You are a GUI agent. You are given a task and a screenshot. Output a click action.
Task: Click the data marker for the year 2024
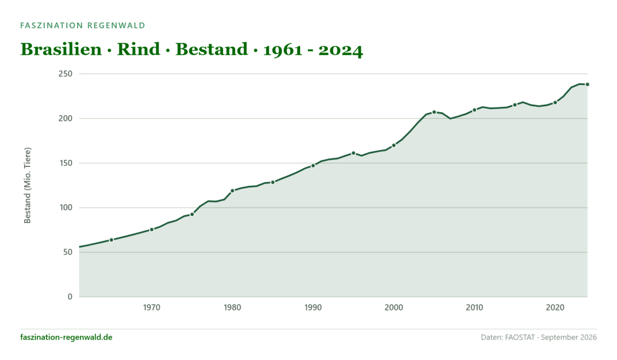pos(587,84)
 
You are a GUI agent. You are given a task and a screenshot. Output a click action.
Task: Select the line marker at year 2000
pos(393,145)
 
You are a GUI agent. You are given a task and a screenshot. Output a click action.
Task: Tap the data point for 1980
pos(232,191)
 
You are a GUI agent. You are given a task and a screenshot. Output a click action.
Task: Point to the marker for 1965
pos(111,240)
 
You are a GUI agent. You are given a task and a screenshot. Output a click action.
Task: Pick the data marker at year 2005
pos(434,112)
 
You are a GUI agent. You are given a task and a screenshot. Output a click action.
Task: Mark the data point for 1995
pos(353,153)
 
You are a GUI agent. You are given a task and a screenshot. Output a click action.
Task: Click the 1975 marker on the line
pos(192,214)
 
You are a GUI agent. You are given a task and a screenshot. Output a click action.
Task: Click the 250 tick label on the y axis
pos(66,74)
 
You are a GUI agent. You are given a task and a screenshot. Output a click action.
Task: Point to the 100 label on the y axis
pos(66,207)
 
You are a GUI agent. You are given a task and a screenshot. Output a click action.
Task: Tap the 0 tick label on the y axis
pos(70,297)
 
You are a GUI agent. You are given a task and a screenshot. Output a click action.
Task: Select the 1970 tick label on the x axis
pos(151,308)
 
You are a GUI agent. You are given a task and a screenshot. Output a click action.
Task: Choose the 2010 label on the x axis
pos(474,308)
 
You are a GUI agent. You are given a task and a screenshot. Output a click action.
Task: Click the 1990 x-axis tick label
pos(313,308)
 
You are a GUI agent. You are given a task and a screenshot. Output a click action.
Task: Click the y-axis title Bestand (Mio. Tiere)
pos(27,186)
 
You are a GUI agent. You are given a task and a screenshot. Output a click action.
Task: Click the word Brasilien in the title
pos(61,49)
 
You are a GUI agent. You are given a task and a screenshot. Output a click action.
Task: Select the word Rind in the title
pos(139,49)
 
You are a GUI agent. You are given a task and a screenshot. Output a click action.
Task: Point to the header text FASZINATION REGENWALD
pos(83,25)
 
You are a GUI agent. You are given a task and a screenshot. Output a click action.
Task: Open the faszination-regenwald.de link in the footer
pos(66,337)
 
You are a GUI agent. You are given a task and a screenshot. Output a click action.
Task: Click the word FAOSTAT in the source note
pos(520,338)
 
